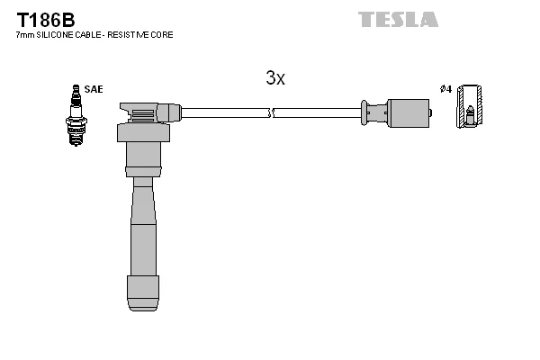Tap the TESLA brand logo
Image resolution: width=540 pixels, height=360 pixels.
click(x=398, y=19)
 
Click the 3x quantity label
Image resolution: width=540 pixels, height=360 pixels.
click(x=275, y=78)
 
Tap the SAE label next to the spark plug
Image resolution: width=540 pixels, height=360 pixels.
click(x=94, y=89)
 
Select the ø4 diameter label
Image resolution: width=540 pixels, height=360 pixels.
click(x=445, y=89)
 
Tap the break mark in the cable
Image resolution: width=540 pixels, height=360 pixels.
click(x=273, y=113)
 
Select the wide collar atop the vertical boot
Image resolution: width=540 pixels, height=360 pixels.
click(x=143, y=133)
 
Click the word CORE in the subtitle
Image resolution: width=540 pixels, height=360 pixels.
click(x=162, y=35)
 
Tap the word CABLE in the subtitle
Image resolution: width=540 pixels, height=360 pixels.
click(x=90, y=35)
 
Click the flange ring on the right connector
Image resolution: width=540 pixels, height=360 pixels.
click(x=364, y=113)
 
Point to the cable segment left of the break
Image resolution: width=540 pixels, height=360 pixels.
click(x=225, y=113)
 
